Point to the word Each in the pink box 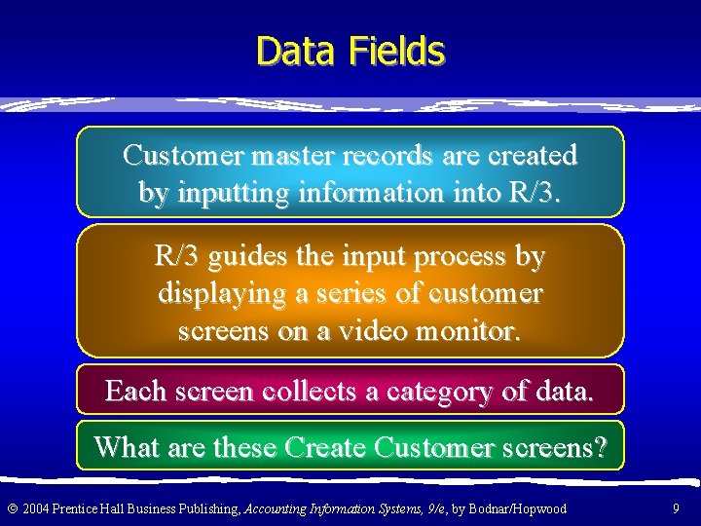[x=135, y=392]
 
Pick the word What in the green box [x=127, y=448]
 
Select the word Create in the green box [x=325, y=448]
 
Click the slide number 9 [x=676, y=508]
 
